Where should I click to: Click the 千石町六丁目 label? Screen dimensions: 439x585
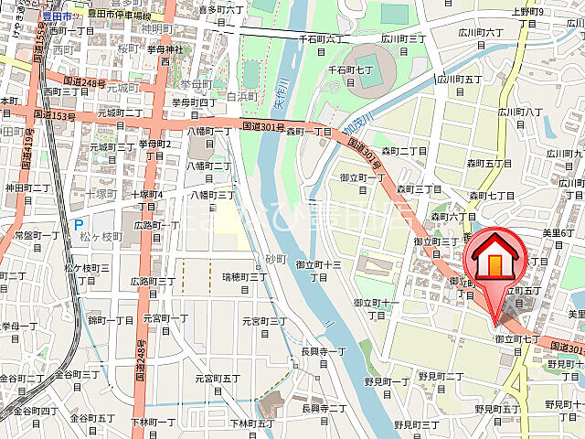[x=324, y=38]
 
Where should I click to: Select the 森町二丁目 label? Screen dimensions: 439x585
[x=404, y=150]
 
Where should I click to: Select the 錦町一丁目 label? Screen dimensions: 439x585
[x=111, y=320]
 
